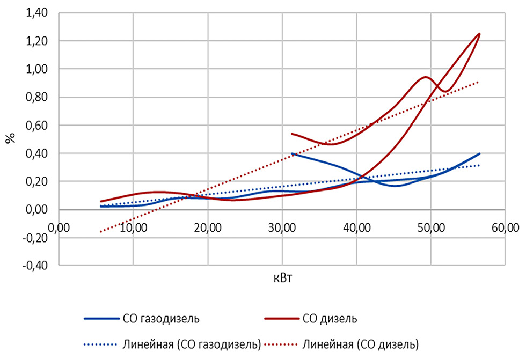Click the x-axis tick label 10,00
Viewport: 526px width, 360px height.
(133, 229)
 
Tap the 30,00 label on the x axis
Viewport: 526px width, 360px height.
(282, 229)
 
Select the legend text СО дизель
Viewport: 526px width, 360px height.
(330, 318)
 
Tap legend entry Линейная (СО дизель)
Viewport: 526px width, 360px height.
(361, 343)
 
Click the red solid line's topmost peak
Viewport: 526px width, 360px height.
(479, 34)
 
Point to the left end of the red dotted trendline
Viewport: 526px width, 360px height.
(100, 232)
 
